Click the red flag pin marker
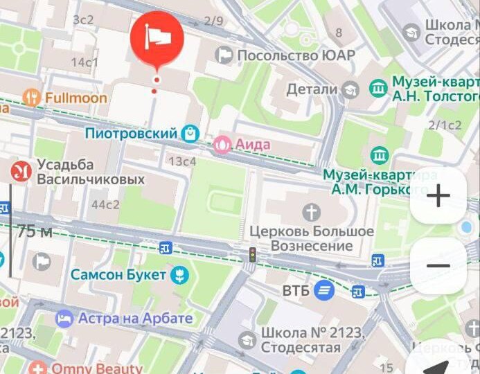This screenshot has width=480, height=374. click(x=157, y=38)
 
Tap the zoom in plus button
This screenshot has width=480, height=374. click(x=438, y=197)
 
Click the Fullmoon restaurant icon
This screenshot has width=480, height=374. click(x=30, y=98)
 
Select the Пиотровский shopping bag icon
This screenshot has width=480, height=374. click(x=190, y=132)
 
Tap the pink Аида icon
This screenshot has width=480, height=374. click(x=223, y=145)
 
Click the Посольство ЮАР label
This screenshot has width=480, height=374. click(x=296, y=55)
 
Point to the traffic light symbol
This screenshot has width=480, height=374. click(x=253, y=254)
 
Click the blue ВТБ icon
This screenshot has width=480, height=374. click(x=323, y=291)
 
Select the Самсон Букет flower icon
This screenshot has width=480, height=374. click(x=179, y=276)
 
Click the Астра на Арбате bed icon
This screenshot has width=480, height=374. click(x=64, y=319)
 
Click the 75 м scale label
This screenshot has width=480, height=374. click(x=35, y=232)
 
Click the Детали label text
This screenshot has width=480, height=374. click(x=312, y=89)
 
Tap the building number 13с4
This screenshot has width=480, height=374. click(x=183, y=162)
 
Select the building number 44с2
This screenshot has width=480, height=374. click(x=105, y=204)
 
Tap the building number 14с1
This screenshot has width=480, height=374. click(x=85, y=62)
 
